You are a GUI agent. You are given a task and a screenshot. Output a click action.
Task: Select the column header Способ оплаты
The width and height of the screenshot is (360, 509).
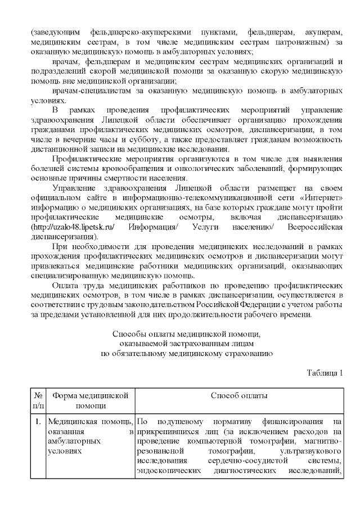[x=239, y=395]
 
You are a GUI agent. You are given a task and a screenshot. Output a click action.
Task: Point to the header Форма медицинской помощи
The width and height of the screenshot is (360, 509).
[x=91, y=400]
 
